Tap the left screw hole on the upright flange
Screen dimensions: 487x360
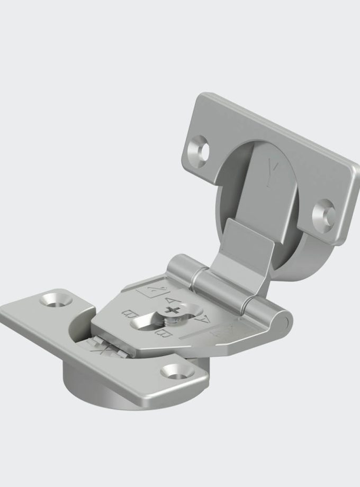click(202, 148)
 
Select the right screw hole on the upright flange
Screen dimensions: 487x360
click(323, 213)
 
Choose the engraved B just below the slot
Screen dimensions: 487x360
click(161, 335)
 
